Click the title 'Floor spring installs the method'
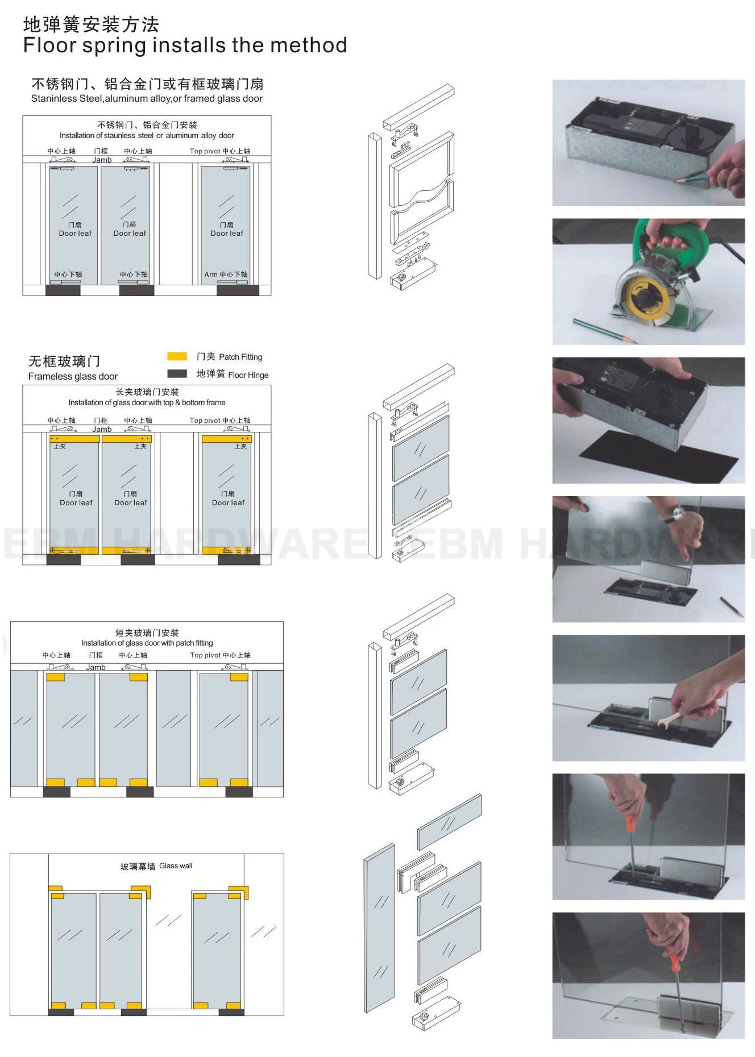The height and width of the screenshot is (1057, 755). pyautogui.click(x=185, y=45)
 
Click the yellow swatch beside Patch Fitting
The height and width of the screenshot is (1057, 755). pyautogui.click(x=177, y=356)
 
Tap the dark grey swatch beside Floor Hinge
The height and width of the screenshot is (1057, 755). pyautogui.click(x=177, y=373)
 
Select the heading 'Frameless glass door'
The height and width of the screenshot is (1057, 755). pyautogui.click(x=73, y=376)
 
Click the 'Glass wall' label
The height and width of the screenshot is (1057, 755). pyautogui.click(x=176, y=865)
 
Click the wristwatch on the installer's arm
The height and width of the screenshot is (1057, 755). pyautogui.click(x=675, y=515)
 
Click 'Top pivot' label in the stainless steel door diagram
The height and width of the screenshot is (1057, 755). pyautogui.click(x=205, y=151)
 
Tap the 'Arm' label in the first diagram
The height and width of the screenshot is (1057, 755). pyautogui.click(x=210, y=274)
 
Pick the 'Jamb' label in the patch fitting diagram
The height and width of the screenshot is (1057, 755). pyautogui.click(x=96, y=667)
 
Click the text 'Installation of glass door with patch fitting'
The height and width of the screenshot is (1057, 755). pyautogui.click(x=147, y=643)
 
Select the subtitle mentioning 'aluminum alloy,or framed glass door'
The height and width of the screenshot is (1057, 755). pyautogui.click(x=147, y=98)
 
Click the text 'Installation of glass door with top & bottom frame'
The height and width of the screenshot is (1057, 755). pyautogui.click(x=147, y=402)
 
